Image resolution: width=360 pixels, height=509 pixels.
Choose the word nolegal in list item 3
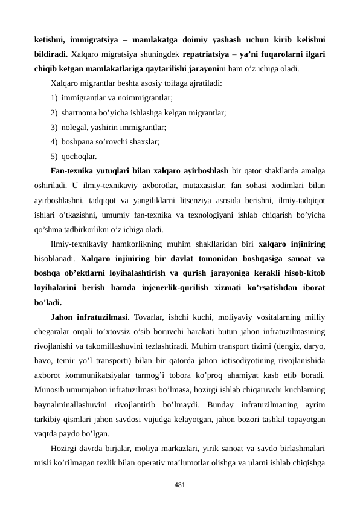(x=76, y=128)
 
